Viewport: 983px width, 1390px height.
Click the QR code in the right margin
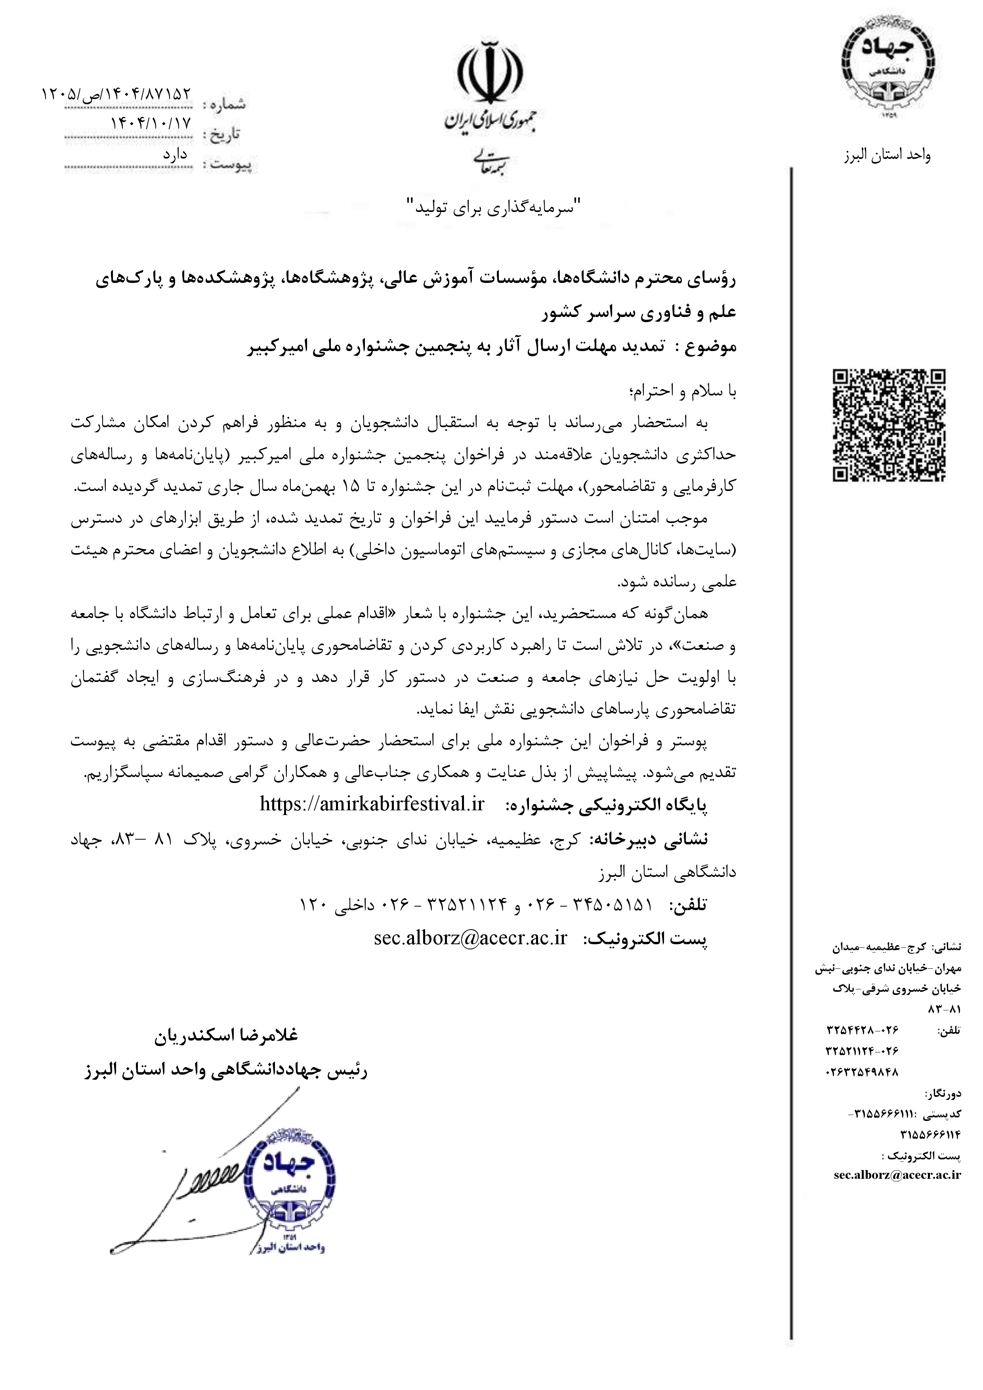click(889, 426)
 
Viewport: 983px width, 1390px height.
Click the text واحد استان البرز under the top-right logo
click(888, 156)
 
